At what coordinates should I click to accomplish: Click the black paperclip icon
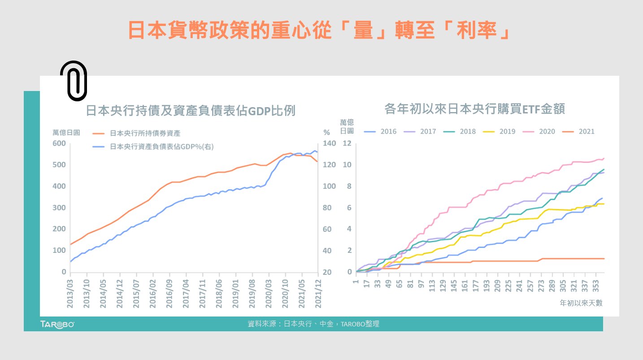point(74,81)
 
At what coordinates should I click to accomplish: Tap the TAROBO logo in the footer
point(57,324)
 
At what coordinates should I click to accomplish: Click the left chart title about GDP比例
point(190,111)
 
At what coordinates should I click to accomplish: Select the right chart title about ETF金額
point(474,109)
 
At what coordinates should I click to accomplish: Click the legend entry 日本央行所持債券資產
point(145,133)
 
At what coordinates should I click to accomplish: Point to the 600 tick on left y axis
point(60,143)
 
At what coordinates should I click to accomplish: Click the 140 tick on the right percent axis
point(329,143)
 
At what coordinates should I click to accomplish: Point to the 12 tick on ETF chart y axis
point(347,143)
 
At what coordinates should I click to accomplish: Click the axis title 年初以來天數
point(581,303)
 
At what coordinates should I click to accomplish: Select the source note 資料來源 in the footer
point(313,324)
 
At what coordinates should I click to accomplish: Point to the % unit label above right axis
point(326,133)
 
